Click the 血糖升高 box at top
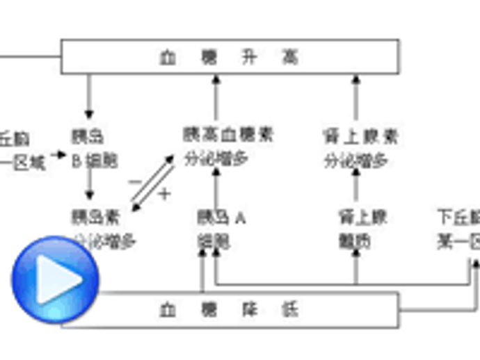tap(230, 56)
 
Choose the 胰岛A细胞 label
tap(221, 229)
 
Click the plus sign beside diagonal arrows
tap(164, 193)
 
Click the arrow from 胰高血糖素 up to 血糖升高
tap(216, 97)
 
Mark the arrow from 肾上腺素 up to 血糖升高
tap(356, 97)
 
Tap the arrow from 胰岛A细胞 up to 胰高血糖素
tap(216, 188)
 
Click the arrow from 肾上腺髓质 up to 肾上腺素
tap(356, 188)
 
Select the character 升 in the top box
tap(255, 56)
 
